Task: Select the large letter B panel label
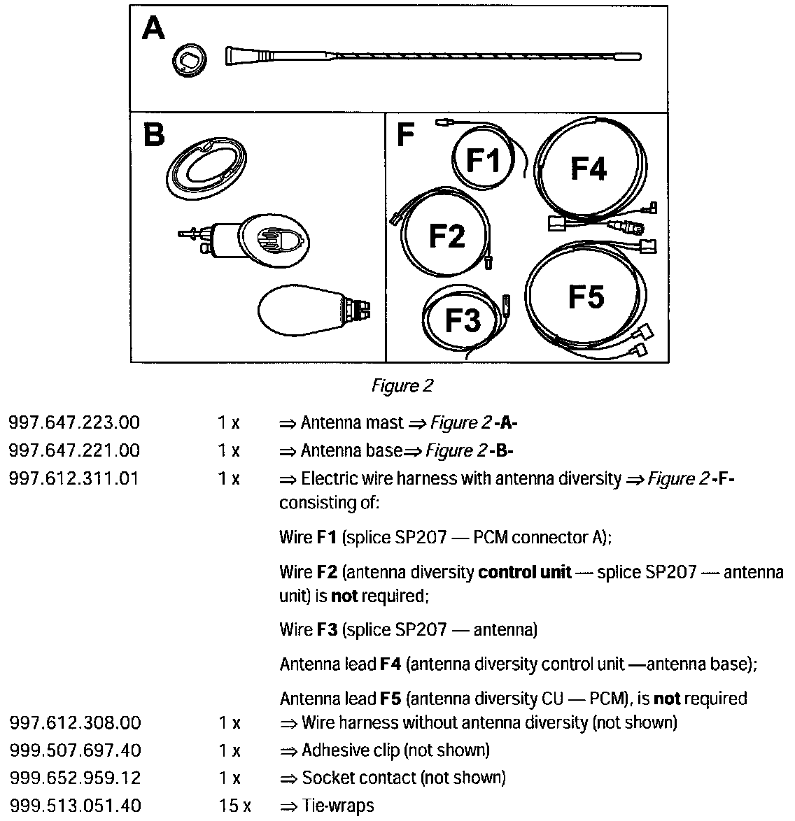tap(153, 134)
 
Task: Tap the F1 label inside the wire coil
tap(484, 161)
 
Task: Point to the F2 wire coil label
tap(446, 235)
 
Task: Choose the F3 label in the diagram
tap(463, 320)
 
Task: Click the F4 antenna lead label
tap(588, 169)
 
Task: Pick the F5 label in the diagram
tap(586, 297)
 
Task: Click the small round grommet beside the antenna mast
tap(188, 62)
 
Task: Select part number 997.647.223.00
tap(74, 423)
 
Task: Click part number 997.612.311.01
tap(74, 478)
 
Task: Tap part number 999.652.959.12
tap(75, 778)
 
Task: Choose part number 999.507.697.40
tap(75, 750)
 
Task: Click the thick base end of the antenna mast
tap(241, 55)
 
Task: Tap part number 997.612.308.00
tap(75, 722)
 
